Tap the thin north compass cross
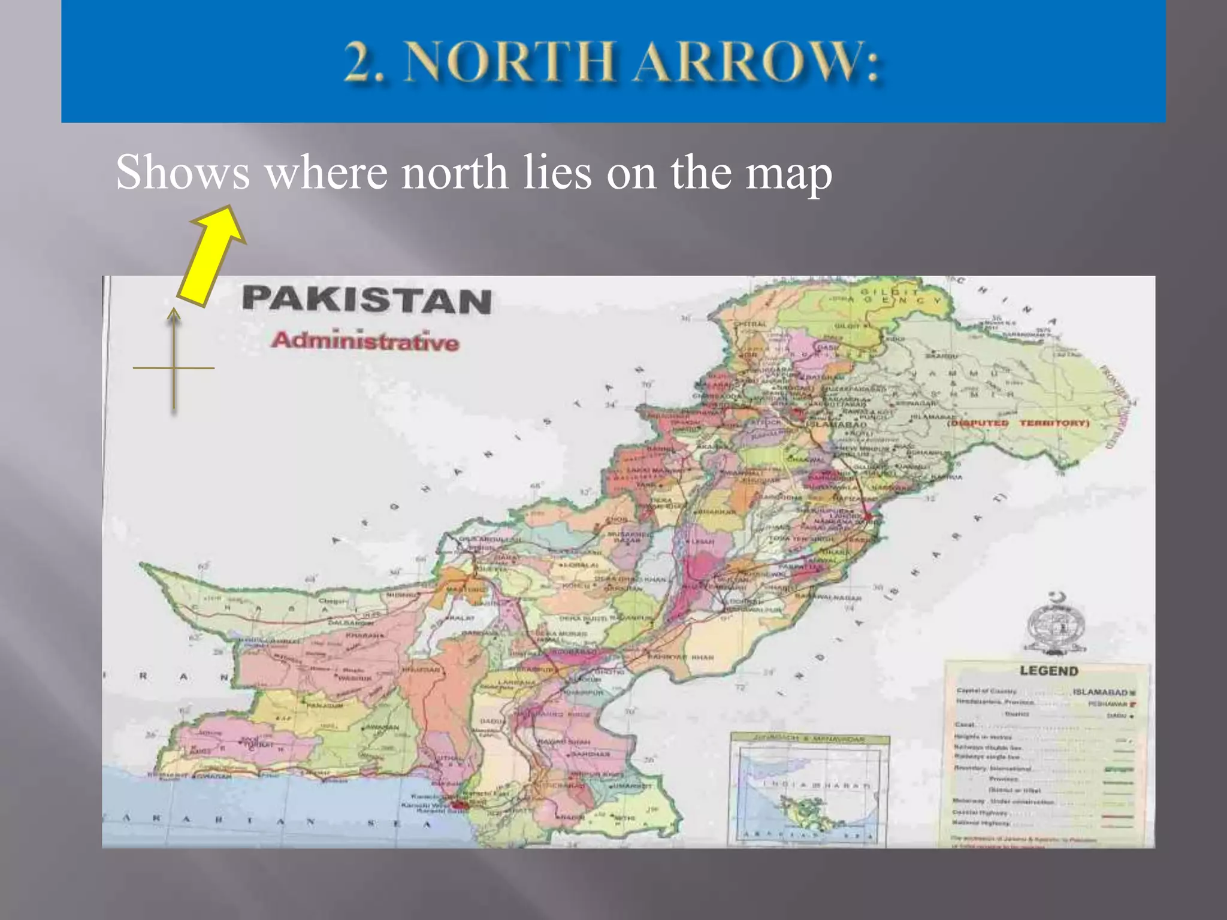tap(174, 367)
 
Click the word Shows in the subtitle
tap(183, 172)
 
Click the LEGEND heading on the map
tap(1048, 671)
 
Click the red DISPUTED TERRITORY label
tap(1019, 423)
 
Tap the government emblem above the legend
tap(1056, 626)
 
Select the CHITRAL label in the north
tap(750, 324)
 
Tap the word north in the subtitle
tap(454, 172)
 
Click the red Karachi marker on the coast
tap(460, 806)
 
